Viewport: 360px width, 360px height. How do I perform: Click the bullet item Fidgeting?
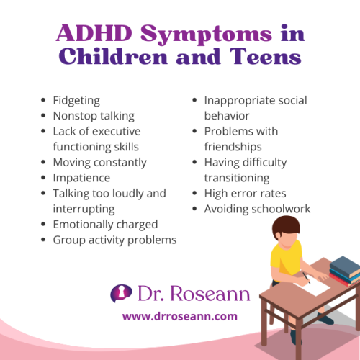(x=76, y=100)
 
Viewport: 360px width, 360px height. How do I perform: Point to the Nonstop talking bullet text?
(x=94, y=116)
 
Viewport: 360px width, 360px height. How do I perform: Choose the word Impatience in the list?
(x=81, y=178)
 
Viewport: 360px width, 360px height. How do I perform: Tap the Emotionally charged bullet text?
(x=105, y=225)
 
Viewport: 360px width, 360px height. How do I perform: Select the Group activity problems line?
(x=114, y=240)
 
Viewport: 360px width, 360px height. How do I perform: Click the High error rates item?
(x=245, y=194)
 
